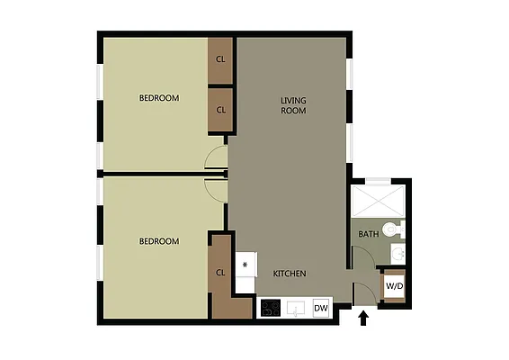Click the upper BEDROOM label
158,98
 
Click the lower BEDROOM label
158,241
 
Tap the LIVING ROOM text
293,105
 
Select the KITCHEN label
290,274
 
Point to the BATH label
368,234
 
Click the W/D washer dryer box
394,286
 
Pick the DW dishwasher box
321,309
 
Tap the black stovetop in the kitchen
271,309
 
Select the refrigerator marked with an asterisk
245,265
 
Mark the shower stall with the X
378,199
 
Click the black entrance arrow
364,317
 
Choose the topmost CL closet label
220,60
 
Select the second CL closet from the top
220,110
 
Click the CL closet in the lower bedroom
220,273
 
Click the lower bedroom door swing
216,186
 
